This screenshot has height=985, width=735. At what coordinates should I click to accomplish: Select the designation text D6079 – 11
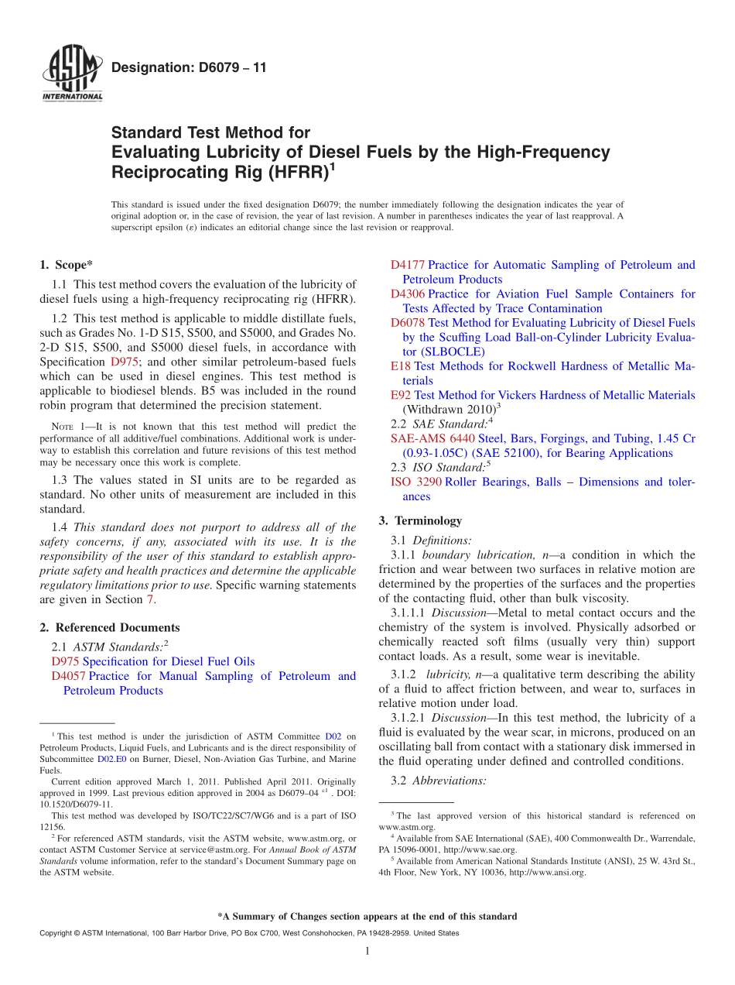coord(189,68)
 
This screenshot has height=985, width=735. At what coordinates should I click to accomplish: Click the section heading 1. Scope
coord(66,265)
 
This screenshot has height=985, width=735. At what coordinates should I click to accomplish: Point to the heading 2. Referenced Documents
coord(109,627)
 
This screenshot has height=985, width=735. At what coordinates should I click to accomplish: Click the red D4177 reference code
coord(408,265)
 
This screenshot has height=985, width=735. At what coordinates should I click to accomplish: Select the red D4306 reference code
coord(408,293)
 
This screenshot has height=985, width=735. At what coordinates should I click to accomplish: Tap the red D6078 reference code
coord(408,322)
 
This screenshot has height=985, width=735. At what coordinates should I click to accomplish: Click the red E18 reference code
coord(401,366)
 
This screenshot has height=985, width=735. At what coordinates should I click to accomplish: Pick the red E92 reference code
coord(401,395)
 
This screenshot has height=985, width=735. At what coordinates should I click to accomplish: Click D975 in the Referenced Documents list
coord(65,661)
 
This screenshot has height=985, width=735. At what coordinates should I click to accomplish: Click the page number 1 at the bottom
coord(367,952)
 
